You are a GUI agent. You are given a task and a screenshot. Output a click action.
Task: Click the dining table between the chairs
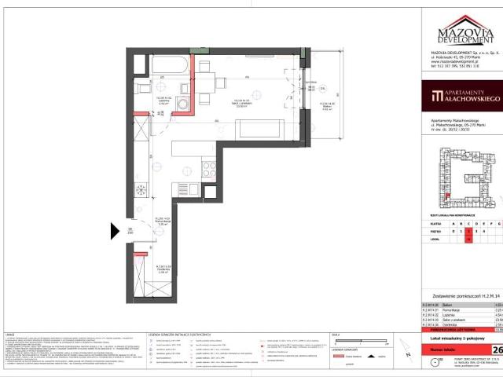tap(209, 86)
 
